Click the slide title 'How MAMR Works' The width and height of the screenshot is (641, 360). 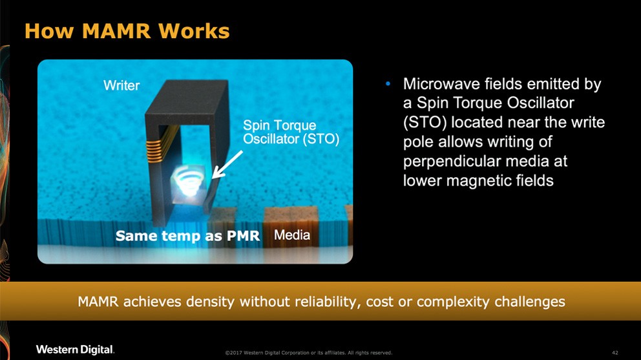click(127, 30)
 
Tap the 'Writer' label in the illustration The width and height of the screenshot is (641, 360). click(121, 85)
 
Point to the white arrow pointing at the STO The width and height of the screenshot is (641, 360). click(227, 164)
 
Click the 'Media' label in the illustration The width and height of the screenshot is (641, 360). click(292, 235)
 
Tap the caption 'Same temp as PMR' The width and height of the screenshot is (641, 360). click(187, 237)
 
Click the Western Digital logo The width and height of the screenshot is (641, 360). click(75, 350)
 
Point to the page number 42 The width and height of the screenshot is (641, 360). click(615, 352)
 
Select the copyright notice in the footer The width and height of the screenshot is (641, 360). click(308, 353)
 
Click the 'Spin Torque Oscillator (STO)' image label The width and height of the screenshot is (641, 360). click(291, 132)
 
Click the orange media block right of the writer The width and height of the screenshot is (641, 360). click(290, 217)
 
